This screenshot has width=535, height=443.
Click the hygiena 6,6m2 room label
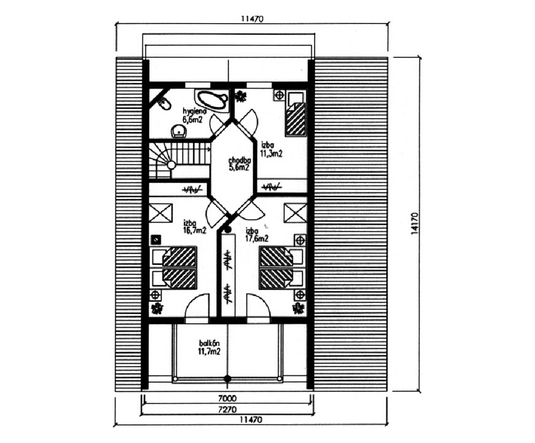pos(195,116)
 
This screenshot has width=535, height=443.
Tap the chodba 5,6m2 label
pos(240,164)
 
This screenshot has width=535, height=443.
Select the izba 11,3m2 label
pos(271,150)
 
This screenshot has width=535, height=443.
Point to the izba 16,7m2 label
pos(195,226)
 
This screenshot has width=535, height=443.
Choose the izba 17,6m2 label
pos(257,234)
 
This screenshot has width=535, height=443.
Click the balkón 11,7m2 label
pos(209,347)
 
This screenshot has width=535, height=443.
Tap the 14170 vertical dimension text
pos(415,224)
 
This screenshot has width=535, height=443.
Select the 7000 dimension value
pos(227,398)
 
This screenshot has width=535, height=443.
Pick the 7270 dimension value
pos(227,409)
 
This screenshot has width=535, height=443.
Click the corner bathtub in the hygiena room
pos(211,100)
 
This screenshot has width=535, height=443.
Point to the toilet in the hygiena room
pos(164,103)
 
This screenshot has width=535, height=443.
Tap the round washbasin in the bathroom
pos(179,131)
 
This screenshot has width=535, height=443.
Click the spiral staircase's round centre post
pos(171,165)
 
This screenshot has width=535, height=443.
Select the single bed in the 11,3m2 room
pos(295,114)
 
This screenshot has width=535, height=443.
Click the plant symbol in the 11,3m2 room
pos(241,96)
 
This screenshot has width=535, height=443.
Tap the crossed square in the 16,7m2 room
pos(160,213)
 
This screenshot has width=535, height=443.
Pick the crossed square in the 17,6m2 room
pos(295,213)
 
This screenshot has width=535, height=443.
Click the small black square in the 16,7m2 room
pos(156,240)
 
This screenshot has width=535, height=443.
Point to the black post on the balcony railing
pos(227,378)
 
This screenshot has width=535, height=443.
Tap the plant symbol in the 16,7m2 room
pos(157,309)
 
